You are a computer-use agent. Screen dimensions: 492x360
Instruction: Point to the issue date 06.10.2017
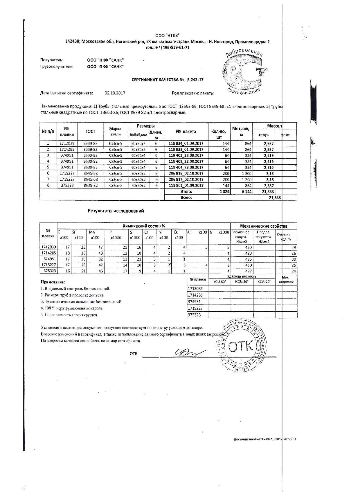(x=115, y=93)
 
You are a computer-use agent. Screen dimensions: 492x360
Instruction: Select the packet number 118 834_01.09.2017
(x=186, y=143)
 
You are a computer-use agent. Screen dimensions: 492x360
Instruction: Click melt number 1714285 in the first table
(x=67, y=150)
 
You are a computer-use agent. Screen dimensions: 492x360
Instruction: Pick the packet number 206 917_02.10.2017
(x=186, y=179)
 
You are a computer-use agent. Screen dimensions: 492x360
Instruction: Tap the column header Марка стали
(x=115, y=131)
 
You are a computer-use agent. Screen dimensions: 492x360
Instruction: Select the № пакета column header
(x=186, y=131)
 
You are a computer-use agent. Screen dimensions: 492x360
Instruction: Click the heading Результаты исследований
(x=116, y=211)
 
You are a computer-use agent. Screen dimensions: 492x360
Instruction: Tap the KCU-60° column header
(x=219, y=282)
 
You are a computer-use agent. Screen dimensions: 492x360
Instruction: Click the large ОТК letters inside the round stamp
(x=241, y=346)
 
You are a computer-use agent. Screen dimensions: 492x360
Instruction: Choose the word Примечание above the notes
(x=53, y=282)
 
